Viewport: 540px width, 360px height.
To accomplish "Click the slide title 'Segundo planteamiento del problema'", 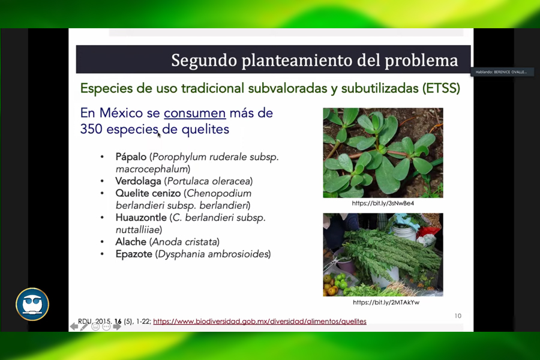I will pyautogui.click(x=314, y=61).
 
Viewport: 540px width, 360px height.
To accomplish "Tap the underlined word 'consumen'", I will pyautogui.click(x=194, y=113).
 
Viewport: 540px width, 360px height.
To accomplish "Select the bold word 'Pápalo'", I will pyautogui.click(x=131, y=157).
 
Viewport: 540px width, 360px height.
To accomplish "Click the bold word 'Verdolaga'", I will pyautogui.click(x=138, y=181).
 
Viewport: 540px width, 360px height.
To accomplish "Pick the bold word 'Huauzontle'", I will pyautogui.click(x=141, y=218).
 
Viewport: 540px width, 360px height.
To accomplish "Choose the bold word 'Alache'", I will pyautogui.click(x=131, y=242).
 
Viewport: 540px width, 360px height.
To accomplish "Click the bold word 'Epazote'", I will pyautogui.click(x=134, y=254).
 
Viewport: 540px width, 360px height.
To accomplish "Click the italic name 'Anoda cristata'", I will pyautogui.click(x=184, y=242).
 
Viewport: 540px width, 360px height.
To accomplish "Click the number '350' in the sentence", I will pyautogui.click(x=91, y=129).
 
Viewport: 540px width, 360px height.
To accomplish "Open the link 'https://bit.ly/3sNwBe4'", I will pyautogui.click(x=383, y=203).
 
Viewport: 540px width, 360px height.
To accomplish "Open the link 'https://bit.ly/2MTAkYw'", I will pyautogui.click(x=383, y=302).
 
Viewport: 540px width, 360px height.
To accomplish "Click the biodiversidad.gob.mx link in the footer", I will pyautogui.click(x=259, y=322).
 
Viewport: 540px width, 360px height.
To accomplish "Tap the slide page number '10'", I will pyautogui.click(x=458, y=316).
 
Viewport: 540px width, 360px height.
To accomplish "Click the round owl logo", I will pyautogui.click(x=32, y=304).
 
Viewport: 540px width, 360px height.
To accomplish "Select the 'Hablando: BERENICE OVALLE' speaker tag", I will pyautogui.click(x=502, y=72).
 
